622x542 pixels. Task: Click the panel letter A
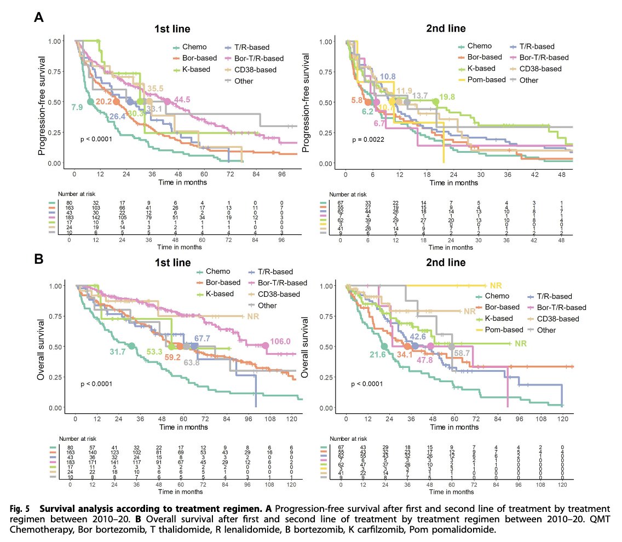(x=39, y=18)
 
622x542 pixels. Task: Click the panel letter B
(x=39, y=259)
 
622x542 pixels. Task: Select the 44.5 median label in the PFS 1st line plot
(x=182, y=100)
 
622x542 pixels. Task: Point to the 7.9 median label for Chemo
(x=77, y=107)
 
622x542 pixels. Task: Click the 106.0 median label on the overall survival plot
(x=280, y=341)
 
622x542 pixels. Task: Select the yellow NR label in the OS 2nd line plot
(x=496, y=285)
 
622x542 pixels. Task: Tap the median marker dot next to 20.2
(x=116, y=102)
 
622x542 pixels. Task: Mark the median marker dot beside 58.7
(x=451, y=347)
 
